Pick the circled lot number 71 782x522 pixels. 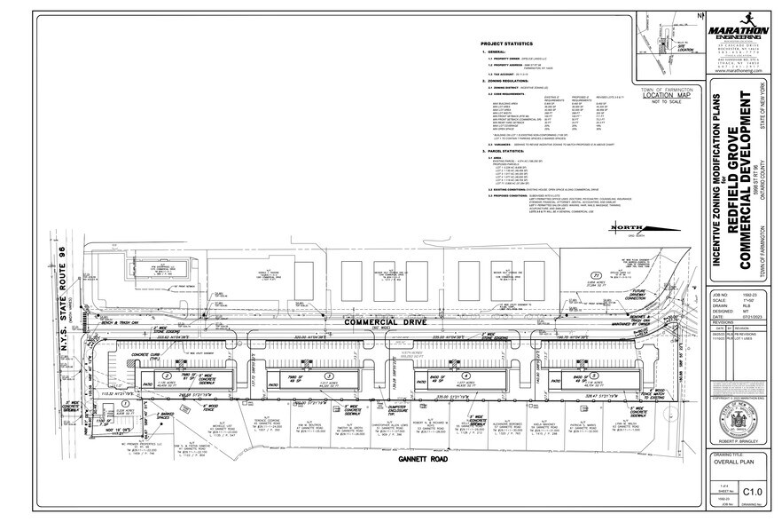(597, 275)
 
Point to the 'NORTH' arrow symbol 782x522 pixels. (628, 255)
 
